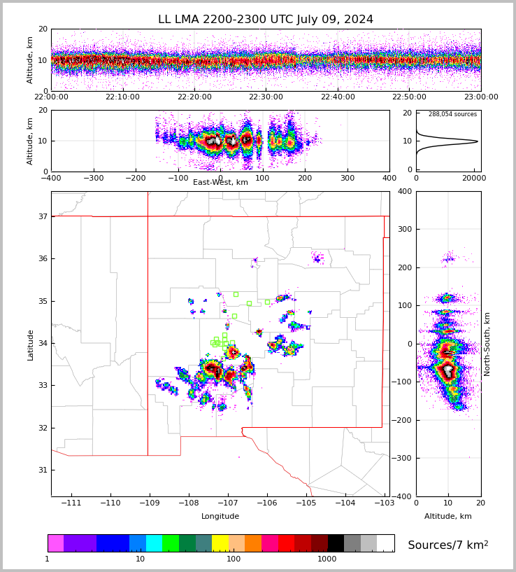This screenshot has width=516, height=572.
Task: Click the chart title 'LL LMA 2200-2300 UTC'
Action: (266, 20)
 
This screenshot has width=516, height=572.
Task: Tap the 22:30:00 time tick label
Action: (266, 97)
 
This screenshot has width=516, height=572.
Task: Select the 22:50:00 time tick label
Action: (409, 97)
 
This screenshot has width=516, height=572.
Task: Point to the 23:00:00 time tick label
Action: (480, 97)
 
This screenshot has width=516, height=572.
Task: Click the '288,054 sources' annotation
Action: (452, 114)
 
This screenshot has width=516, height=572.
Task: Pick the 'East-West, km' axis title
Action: (220, 183)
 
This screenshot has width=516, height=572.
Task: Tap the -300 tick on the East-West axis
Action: (93, 177)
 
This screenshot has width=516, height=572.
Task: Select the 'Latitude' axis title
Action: (30, 344)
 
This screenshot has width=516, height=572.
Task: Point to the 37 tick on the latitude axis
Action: (42, 217)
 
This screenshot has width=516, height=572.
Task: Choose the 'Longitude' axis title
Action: (220, 517)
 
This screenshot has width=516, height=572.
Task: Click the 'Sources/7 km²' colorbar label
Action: (448, 545)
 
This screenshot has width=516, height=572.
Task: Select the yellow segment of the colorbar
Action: (220, 543)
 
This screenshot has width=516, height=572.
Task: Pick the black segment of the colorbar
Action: (336, 543)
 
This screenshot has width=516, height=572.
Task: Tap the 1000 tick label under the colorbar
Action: (327, 559)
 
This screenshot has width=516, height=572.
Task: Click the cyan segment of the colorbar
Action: (154, 543)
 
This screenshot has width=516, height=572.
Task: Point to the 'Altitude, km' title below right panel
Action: (448, 517)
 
